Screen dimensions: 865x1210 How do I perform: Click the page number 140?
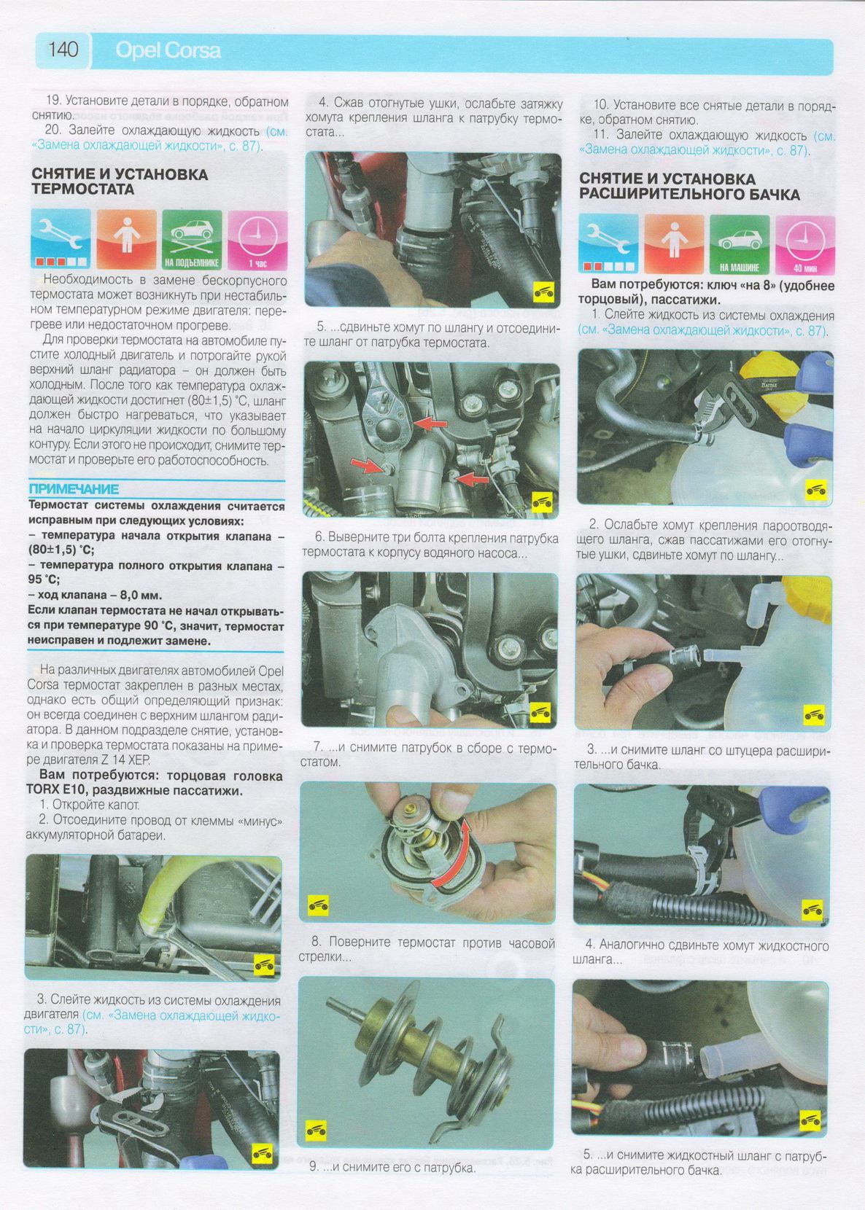pyautogui.click(x=63, y=50)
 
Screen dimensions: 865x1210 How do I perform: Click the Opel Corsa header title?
pyautogui.click(x=168, y=50)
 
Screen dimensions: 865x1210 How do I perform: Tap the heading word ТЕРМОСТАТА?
pyautogui.click(x=82, y=189)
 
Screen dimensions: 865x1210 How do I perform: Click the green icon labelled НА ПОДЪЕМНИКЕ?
pyautogui.click(x=192, y=239)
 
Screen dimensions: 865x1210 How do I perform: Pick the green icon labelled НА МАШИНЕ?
pyautogui.click(x=740, y=244)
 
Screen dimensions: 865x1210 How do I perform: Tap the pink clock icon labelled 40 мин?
pyautogui.click(x=805, y=244)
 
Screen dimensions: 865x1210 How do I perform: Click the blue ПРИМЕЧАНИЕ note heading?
pyautogui.click(x=74, y=489)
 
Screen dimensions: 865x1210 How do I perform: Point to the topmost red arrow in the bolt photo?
pyautogui.click(x=430, y=424)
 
